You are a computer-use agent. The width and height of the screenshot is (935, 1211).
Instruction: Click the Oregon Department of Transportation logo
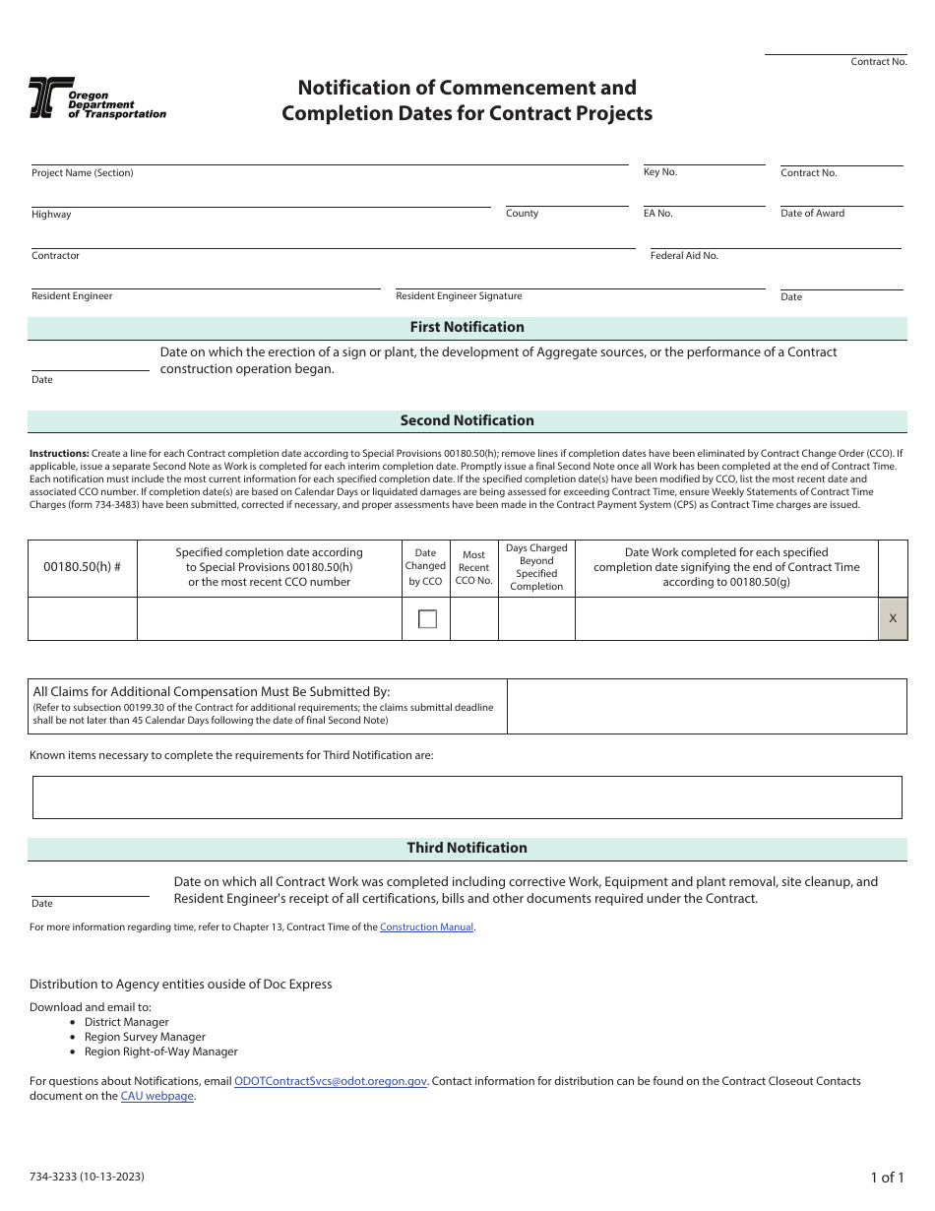point(96,98)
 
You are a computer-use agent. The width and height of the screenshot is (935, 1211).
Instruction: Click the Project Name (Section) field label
point(82,173)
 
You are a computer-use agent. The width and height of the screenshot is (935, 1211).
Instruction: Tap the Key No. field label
point(659,172)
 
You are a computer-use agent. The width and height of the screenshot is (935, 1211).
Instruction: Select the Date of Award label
point(812,214)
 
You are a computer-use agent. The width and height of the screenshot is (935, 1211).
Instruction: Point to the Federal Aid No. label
point(684,256)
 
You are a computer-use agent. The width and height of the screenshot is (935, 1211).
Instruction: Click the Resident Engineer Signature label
point(459,296)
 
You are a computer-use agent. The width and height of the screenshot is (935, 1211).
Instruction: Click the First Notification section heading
point(467,327)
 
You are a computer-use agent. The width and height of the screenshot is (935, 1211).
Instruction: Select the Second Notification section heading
point(467,420)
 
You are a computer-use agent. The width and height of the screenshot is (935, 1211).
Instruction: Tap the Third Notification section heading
point(467,848)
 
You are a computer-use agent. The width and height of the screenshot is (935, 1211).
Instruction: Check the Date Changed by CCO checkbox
point(427,619)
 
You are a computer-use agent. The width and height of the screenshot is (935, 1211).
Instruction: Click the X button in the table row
point(893,618)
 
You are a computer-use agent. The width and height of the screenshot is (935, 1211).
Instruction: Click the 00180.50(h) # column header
point(83,567)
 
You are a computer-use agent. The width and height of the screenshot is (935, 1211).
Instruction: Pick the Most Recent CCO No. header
point(473,567)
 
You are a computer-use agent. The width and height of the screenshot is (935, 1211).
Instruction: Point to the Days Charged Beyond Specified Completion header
point(536,567)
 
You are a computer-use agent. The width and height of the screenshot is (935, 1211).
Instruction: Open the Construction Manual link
point(426,927)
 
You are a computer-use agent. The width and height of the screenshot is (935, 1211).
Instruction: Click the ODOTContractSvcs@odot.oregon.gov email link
point(331,1081)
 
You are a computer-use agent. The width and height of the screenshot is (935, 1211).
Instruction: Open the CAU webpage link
point(156,1096)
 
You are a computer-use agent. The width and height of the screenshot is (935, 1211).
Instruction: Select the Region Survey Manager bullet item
point(145,1037)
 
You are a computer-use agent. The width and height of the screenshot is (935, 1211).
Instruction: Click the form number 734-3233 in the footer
point(92,1177)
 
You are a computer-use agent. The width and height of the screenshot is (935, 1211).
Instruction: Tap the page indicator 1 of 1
point(886,1177)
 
